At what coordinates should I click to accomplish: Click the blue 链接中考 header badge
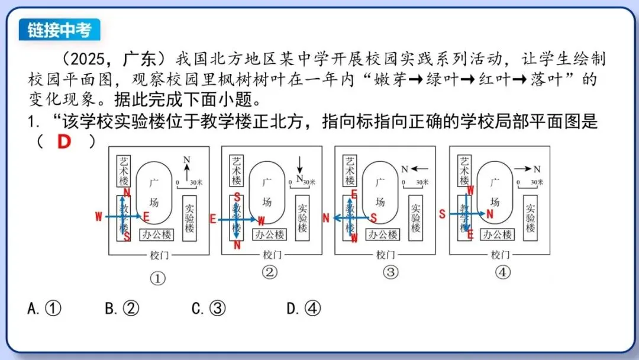[x=59, y=30]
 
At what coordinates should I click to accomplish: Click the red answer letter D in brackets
[x=63, y=142]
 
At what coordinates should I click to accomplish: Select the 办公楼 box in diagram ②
[x=269, y=234]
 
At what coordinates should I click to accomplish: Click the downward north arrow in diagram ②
[x=300, y=164]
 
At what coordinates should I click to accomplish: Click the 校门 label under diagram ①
[x=158, y=255]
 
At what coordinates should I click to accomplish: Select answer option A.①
[x=44, y=308]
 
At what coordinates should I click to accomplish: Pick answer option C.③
[x=209, y=308]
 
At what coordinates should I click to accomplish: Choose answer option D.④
[x=304, y=308]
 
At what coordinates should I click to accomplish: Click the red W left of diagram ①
[x=98, y=217]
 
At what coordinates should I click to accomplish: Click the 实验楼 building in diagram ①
[x=190, y=218]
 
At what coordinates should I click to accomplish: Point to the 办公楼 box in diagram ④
[x=497, y=234]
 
